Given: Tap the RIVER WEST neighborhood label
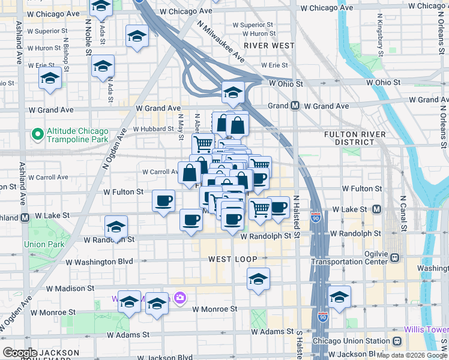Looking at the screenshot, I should pyautogui.click(x=269, y=46).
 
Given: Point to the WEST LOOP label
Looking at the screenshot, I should pyautogui.click(x=233, y=259).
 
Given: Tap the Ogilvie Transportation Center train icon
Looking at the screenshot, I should pyautogui.click(x=394, y=257).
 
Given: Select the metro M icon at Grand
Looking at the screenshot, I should pyautogui.click(x=295, y=106).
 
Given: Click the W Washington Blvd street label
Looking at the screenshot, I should pyautogui.click(x=99, y=262).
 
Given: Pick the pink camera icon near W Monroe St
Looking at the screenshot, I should pyautogui.click(x=179, y=297).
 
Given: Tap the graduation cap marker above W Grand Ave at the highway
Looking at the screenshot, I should pyautogui.click(x=233, y=92).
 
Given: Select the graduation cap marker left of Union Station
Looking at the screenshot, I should pyautogui.click(x=339, y=297).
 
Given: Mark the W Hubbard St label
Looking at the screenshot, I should pyautogui.click(x=153, y=128).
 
